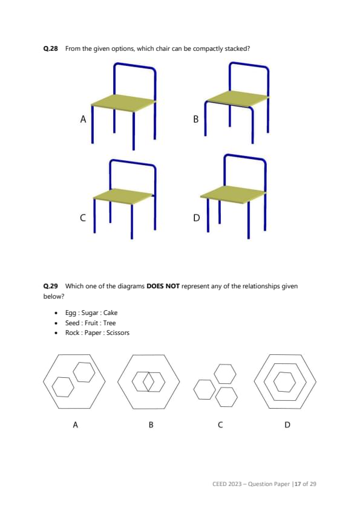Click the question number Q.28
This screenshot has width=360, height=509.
point(50,49)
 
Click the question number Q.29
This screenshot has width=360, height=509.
point(50,287)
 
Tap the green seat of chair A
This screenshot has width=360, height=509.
point(123,103)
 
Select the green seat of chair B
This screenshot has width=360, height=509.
point(237,99)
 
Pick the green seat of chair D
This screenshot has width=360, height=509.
point(233,195)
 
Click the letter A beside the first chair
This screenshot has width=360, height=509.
point(83,120)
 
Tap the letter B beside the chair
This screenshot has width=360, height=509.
point(195,119)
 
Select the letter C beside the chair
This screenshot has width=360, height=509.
point(83,218)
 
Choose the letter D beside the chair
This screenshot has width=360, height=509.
point(196,218)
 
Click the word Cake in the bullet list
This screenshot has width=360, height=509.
point(110,313)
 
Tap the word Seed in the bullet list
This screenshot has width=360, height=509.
point(72,323)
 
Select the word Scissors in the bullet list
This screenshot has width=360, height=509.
point(117,332)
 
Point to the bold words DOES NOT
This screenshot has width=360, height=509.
point(163,287)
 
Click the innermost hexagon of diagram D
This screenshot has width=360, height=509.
point(284,382)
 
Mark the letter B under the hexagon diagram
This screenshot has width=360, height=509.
point(151,424)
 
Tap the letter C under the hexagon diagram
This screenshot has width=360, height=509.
point(220,424)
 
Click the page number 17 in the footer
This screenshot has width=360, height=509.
point(298,484)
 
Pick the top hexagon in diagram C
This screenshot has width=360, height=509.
point(225,374)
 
